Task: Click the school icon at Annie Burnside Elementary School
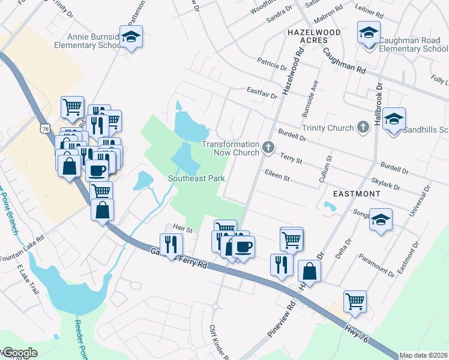(131, 38)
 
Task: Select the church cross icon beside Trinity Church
(362, 127)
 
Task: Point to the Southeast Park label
(196, 178)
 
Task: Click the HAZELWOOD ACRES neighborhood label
(315, 37)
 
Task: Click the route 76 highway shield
(46, 128)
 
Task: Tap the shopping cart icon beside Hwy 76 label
(355, 302)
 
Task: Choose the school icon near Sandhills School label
(394, 119)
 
